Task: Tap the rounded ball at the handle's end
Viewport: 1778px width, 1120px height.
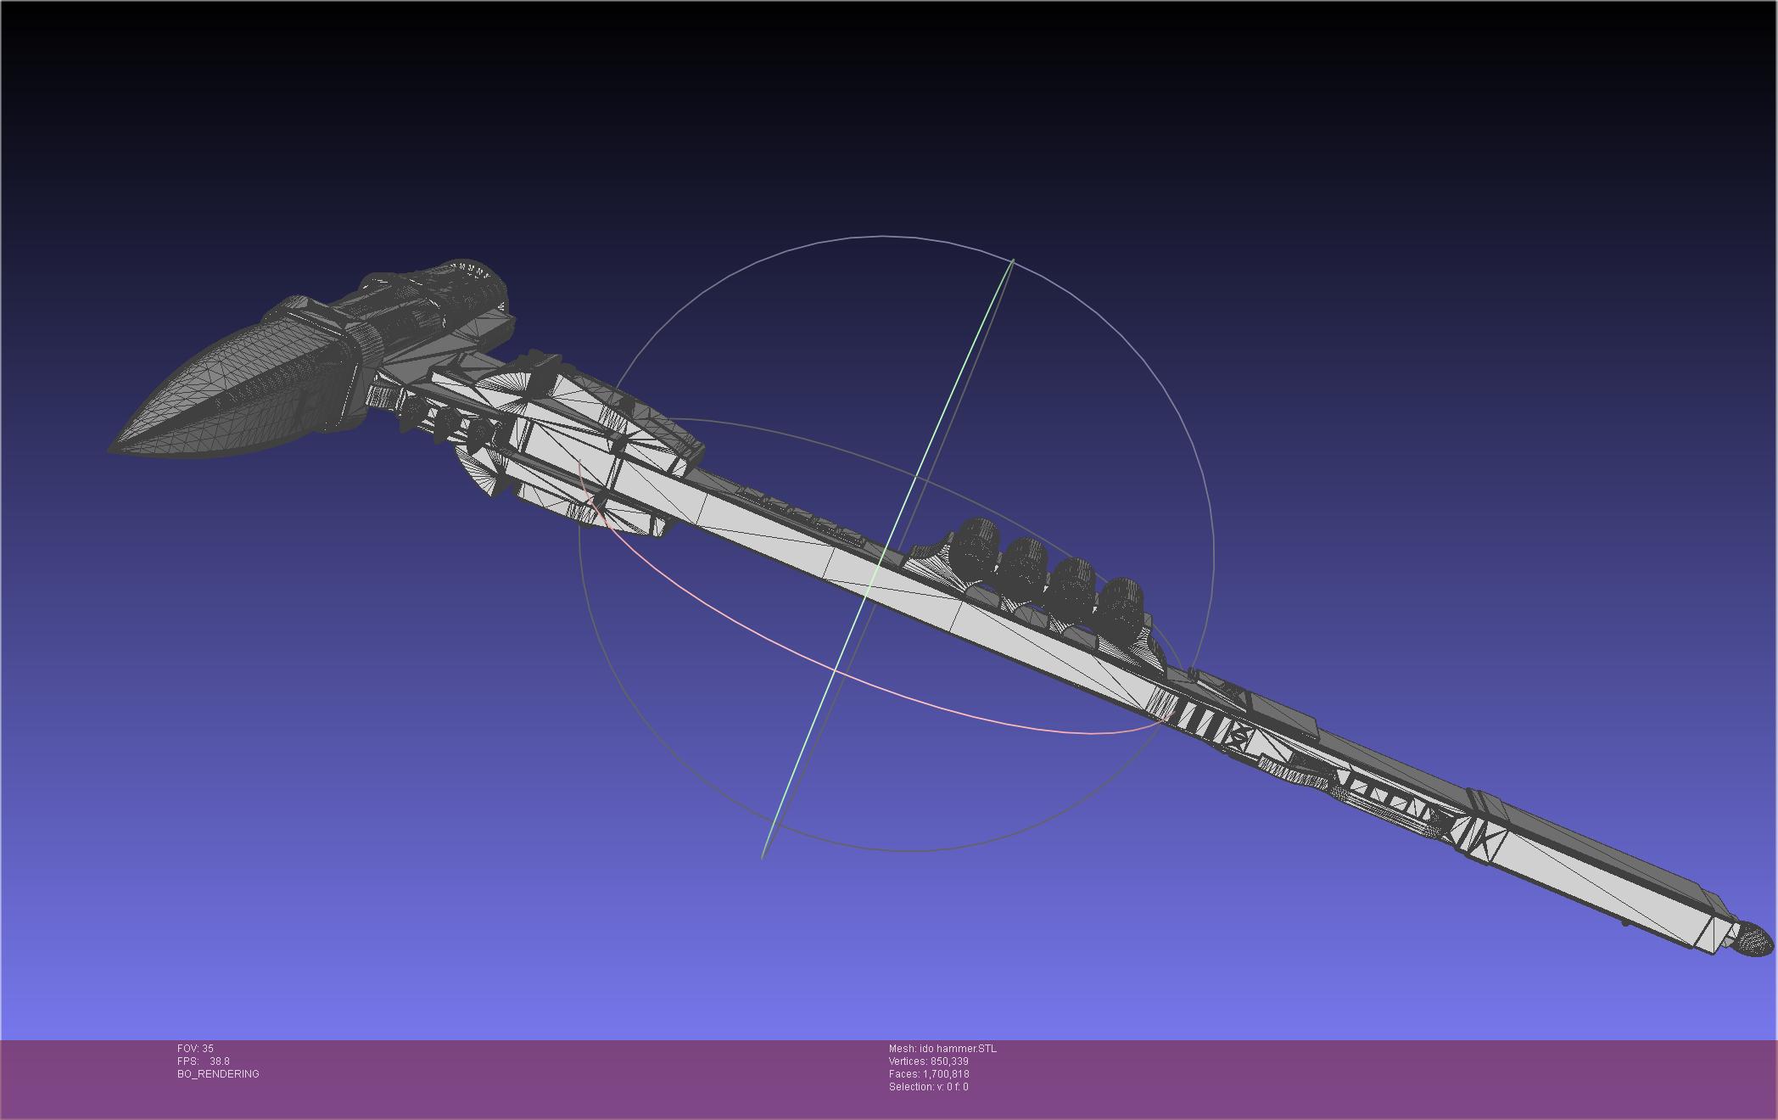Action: coord(1753,940)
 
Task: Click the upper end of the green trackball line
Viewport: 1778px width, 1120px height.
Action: coord(1013,260)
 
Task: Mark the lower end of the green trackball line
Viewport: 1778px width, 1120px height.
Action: coord(763,855)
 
